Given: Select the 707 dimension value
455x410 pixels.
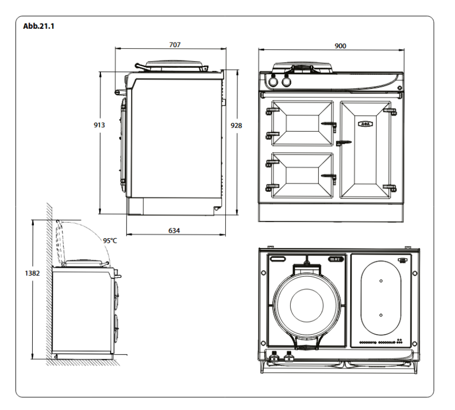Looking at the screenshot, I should point(175,45).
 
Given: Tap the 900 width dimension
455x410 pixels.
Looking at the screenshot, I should point(339,46).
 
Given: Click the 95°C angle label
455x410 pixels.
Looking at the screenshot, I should point(110,240).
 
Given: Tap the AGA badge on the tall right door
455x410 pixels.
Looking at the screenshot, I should point(364,123).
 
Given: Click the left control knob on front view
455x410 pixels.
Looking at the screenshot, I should point(273,81).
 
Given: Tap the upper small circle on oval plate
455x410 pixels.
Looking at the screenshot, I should point(381,280).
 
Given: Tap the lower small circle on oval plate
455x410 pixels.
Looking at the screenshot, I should point(381,315).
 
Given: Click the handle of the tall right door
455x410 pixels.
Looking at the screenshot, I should point(344,141).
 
